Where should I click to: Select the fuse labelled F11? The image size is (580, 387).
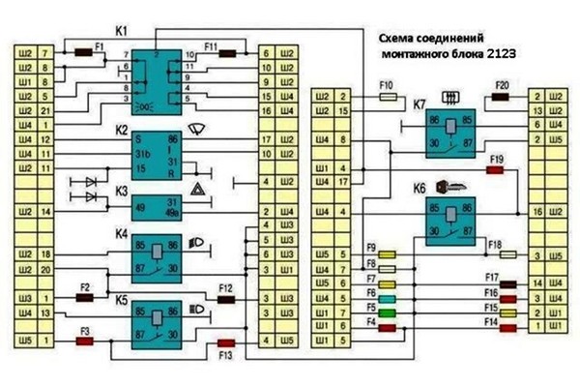pyautogui.click(x=227, y=54)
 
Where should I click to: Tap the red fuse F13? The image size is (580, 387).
pyautogui.click(x=227, y=342)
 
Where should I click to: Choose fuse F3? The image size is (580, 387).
pyautogui.click(x=85, y=342)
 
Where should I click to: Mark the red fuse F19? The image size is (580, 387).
pyautogui.click(x=496, y=169)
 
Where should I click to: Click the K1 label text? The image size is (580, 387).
pyautogui.click(x=120, y=31)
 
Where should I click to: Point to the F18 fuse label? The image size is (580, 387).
pyautogui.click(x=496, y=246)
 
